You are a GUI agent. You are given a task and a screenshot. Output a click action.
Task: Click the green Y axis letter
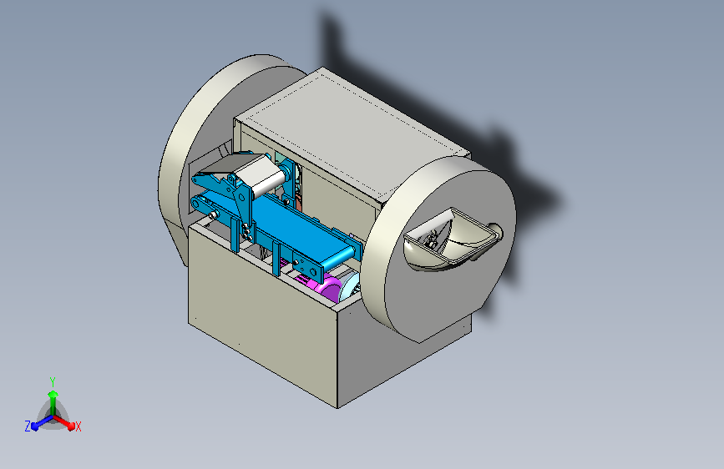coord(52,382)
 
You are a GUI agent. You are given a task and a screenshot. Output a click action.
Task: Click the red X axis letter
coord(78,427)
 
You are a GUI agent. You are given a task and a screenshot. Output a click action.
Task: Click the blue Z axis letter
coord(28,426)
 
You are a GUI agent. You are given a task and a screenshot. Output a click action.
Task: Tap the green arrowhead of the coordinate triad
coord(53,394)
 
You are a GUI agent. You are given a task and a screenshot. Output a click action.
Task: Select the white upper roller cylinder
coord(260,175)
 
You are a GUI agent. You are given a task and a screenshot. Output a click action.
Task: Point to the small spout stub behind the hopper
coord(494,230)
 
